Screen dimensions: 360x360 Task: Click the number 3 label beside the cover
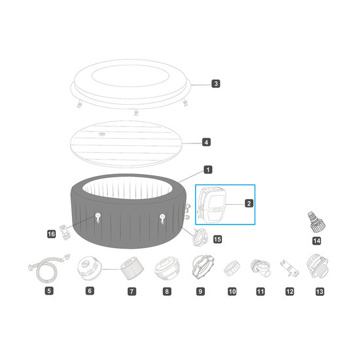(215, 83)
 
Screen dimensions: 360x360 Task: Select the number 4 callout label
(206, 142)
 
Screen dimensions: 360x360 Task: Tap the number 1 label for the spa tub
(207, 170)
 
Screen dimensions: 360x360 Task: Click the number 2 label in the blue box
(249, 204)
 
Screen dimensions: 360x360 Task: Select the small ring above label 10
(232, 268)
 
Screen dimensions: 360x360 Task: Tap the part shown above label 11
(259, 267)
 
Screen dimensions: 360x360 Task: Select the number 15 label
(217, 240)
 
